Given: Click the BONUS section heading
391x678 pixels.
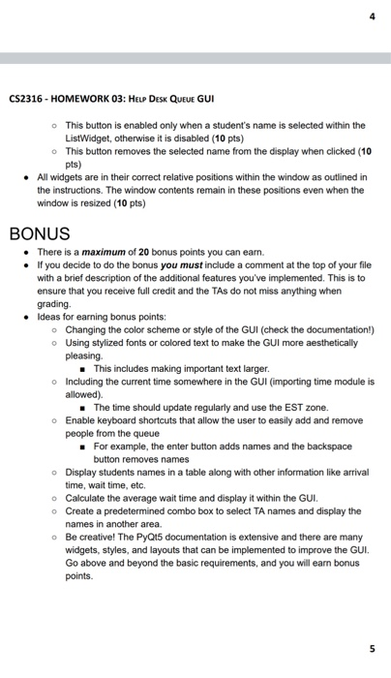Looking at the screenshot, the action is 40,233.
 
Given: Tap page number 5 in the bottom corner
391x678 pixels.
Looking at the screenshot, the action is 372,648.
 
